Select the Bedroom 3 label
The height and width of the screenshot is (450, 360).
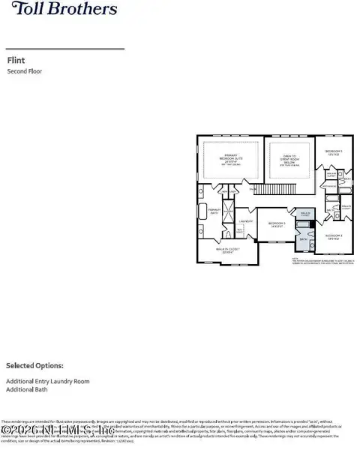pyautogui.click(x=277, y=223)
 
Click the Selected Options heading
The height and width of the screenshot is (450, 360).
pyautogui.click(x=34, y=366)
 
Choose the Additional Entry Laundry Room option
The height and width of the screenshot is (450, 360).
pyautogui.click(x=47, y=382)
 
